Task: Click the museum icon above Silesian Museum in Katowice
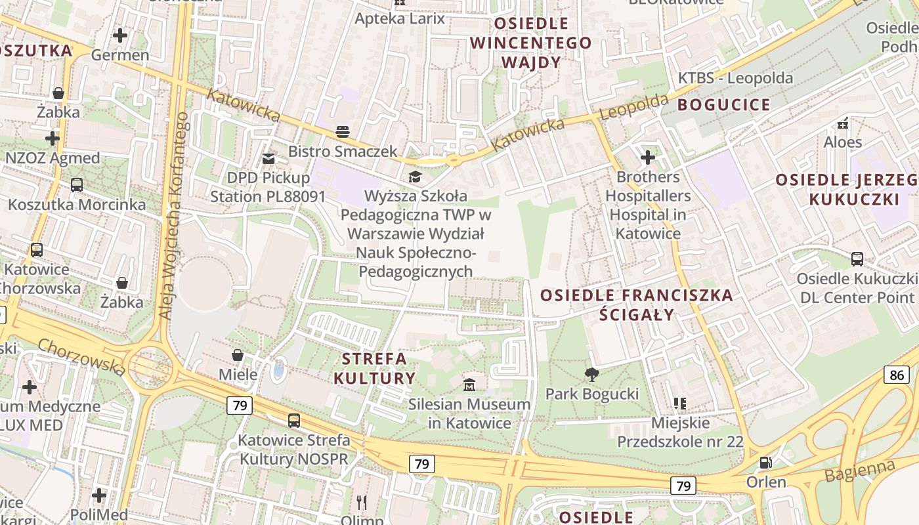[469, 384]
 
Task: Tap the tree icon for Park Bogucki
[591, 375]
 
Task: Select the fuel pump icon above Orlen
[765, 463]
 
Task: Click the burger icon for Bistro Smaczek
[343, 131]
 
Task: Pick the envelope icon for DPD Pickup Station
[268, 158]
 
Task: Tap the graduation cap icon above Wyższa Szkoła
[415, 176]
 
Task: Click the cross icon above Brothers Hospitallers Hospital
[648, 157]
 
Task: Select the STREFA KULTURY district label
[375, 369]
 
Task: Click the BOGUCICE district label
[724, 105]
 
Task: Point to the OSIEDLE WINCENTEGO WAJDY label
[531, 43]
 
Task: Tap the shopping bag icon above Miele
[238, 355]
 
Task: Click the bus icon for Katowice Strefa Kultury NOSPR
[294, 420]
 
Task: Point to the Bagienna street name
[860, 471]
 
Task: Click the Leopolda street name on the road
[633, 107]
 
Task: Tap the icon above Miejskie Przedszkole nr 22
[680, 403]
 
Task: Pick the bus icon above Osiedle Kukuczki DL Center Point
[857, 259]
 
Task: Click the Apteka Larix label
[400, 18]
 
